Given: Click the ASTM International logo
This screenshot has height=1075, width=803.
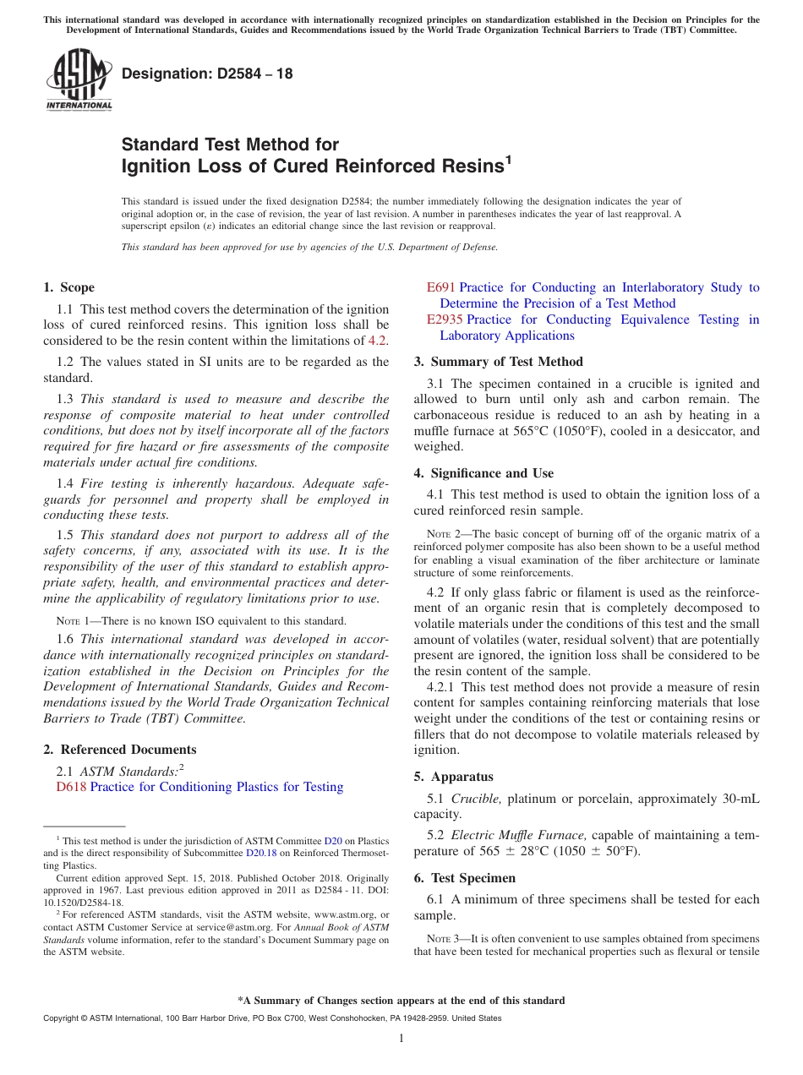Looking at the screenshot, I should point(79,79).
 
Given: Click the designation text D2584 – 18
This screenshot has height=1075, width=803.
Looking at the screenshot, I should point(207,74).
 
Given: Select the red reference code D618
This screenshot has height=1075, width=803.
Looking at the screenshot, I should point(71,787).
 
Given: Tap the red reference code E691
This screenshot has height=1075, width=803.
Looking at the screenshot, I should point(441,287).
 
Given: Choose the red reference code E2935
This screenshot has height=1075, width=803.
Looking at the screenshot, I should point(445,319).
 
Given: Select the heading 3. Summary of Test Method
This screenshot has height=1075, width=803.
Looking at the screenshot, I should point(498,362).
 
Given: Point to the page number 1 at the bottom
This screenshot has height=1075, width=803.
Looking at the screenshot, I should point(401,1039).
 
